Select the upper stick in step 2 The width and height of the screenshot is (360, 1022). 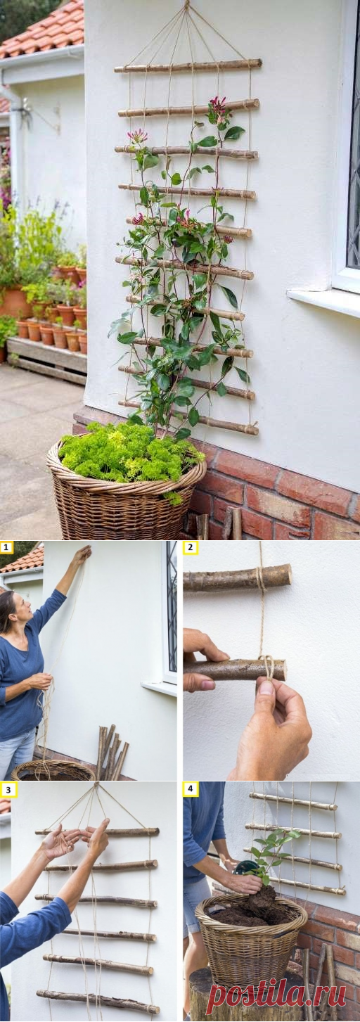click(x=237, y=578)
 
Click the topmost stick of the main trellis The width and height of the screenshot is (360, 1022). click(x=188, y=66)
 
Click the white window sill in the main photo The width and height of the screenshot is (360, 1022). click(x=323, y=302)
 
